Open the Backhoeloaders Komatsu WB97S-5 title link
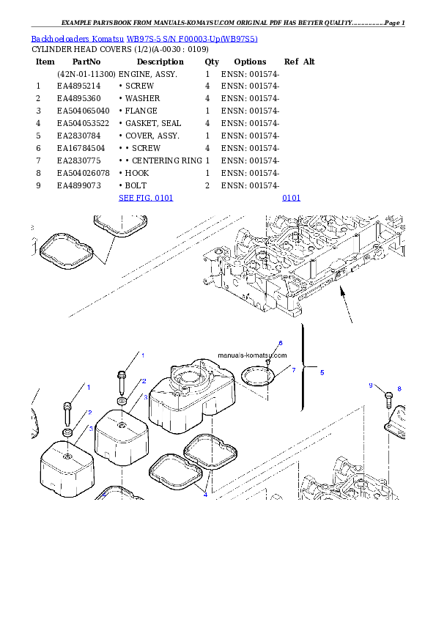[144, 38]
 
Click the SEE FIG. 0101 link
[146, 198]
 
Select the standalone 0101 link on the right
[291, 198]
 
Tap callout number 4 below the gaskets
[205, 495]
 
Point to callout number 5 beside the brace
[321, 372]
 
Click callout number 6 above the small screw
[280, 343]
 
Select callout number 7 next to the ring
[293, 370]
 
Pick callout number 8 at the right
[399, 388]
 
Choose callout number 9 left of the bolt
[371, 385]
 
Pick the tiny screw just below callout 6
[269, 361]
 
